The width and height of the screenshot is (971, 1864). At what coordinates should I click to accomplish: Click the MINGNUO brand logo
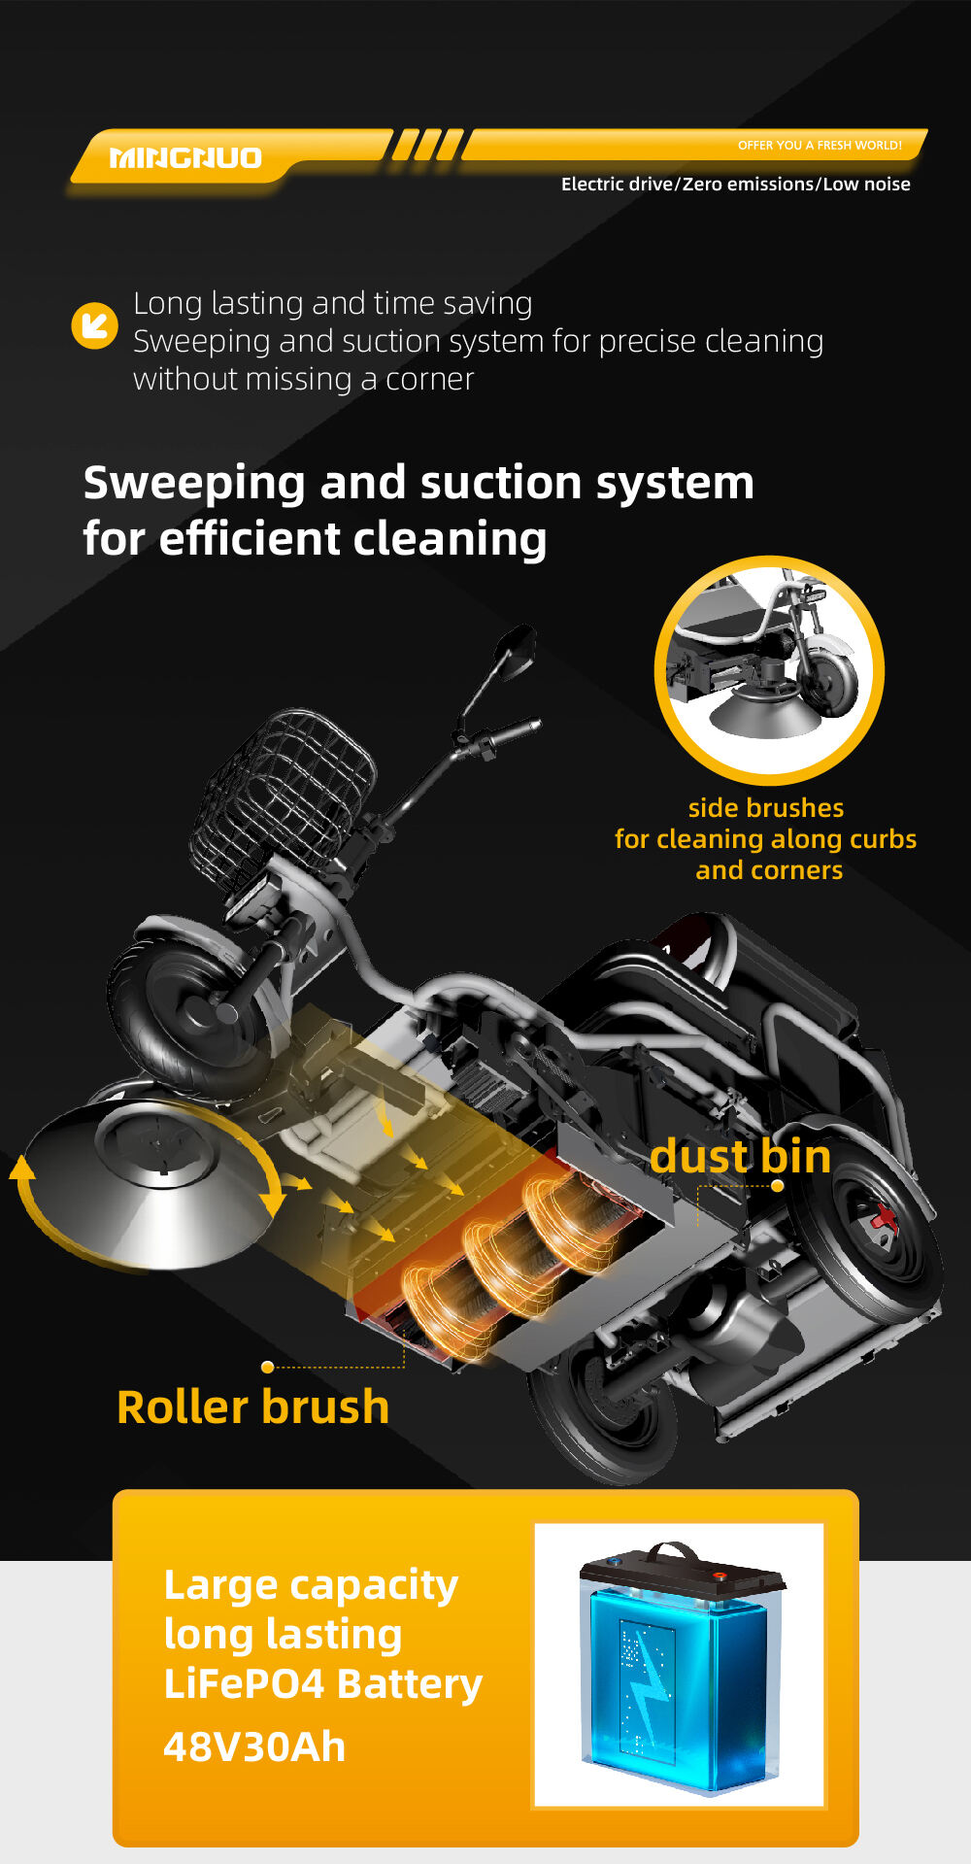tap(185, 157)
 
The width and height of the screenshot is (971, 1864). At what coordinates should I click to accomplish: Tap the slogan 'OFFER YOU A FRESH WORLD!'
tap(820, 146)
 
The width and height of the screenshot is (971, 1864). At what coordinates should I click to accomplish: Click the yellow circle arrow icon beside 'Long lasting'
tap(95, 324)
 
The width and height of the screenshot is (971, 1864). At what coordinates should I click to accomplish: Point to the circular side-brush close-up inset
tap(769, 670)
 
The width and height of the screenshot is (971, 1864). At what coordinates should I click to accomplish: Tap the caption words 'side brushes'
tap(766, 808)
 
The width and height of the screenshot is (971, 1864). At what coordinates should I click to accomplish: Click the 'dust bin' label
tap(740, 1156)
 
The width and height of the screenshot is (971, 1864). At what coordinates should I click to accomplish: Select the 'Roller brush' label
tap(252, 1407)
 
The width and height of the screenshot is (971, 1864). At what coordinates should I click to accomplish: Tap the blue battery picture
tap(680, 1666)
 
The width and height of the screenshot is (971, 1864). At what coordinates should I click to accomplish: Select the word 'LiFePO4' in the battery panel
tap(244, 1684)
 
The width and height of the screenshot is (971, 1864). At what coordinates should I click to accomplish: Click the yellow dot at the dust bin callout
tap(777, 1186)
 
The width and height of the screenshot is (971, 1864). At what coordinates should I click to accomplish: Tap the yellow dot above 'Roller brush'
tap(267, 1367)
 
